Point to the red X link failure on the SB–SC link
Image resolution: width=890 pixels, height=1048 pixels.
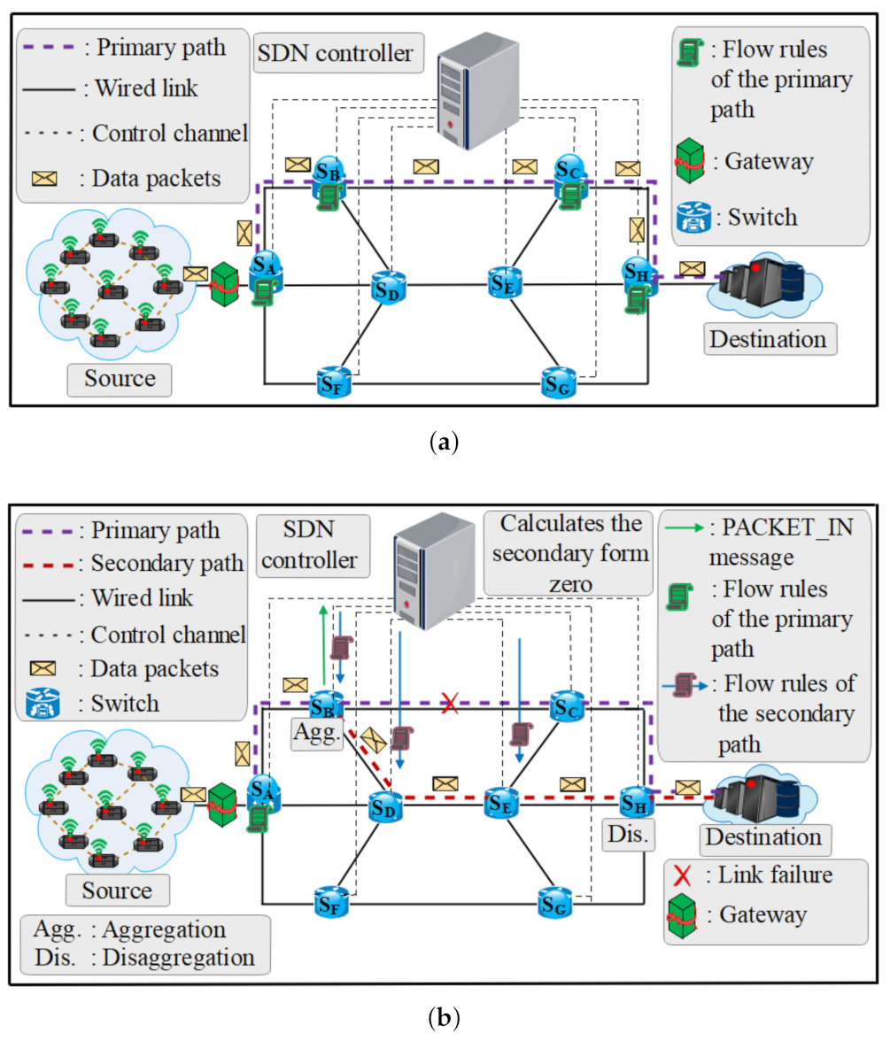tap(451, 704)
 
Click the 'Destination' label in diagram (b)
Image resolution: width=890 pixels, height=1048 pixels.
tap(760, 836)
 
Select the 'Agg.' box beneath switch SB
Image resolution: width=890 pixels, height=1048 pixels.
tap(314, 734)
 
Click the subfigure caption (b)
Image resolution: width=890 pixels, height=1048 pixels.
tap(444, 1018)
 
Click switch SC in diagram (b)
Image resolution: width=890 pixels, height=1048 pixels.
tap(569, 705)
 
